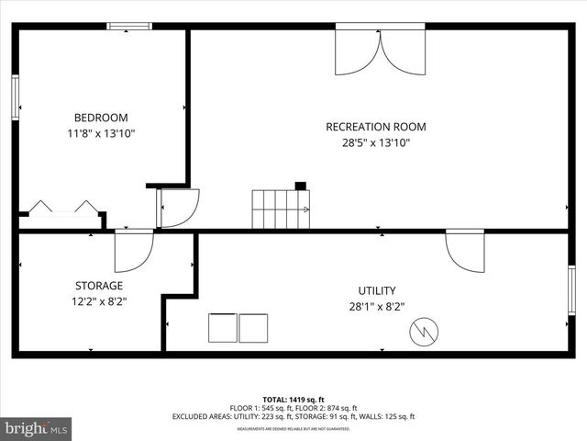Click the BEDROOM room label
tap(101, 118)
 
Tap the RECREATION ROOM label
tap(376, 127)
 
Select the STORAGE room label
tap(98, 286)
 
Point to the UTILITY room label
tap(376, 291)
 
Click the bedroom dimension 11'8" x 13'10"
tap(101, 133)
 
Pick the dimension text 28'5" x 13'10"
tap(376, 142)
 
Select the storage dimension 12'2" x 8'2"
tap(98, 300)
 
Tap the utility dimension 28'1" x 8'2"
tap(376, 307)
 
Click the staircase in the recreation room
tap(281, 209)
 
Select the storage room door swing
tap(133, 251)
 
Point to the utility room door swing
tap(464, 250)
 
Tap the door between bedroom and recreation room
tap(177, 208)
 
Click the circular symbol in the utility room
tap(424, 330)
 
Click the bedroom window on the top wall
tap(129, 26)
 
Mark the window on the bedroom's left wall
tap(16, 97)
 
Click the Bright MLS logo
tap(37, 428)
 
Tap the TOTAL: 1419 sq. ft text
tap(293, 400)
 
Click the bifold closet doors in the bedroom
tap(62, 207)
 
